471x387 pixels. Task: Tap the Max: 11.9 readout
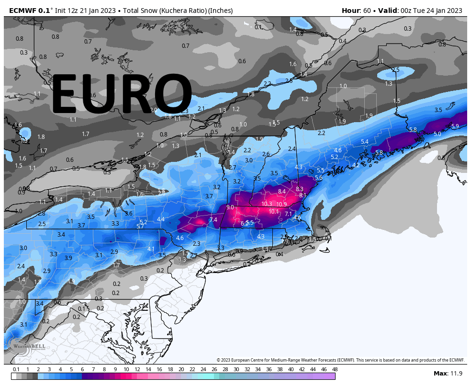[447, 373]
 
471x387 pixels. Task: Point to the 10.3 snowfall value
[267, 204]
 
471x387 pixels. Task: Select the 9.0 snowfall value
[230, 207]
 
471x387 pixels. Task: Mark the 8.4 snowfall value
[281, 192]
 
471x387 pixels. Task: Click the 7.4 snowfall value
[213, 220]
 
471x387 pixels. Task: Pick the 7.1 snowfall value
[288, 214]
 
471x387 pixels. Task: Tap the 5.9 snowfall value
[455, 126]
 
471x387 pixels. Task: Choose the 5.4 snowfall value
[364, 142]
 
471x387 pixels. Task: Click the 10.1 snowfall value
[273, 212]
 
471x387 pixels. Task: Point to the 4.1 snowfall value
[151, 249]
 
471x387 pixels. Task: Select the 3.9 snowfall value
[68, 258]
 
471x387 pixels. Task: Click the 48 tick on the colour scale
[335, 369]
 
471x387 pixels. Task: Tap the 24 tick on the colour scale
[203, 369]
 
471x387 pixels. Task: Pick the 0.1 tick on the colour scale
[16, 369]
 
